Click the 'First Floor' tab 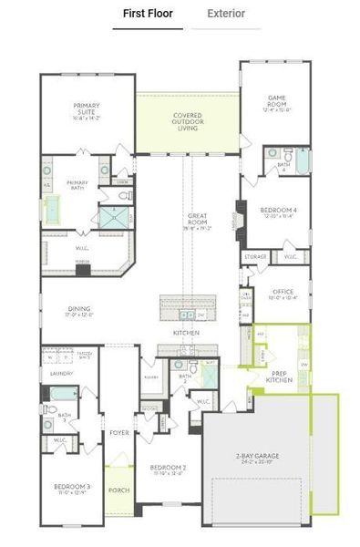(148, 14)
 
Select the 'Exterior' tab (225, 14)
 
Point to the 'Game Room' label (277, 101)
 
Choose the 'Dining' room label (80, 313)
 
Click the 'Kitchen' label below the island (186, 333)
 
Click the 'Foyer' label (118, 432)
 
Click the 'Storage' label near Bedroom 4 (256, 257)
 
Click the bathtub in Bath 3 (57, 395)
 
